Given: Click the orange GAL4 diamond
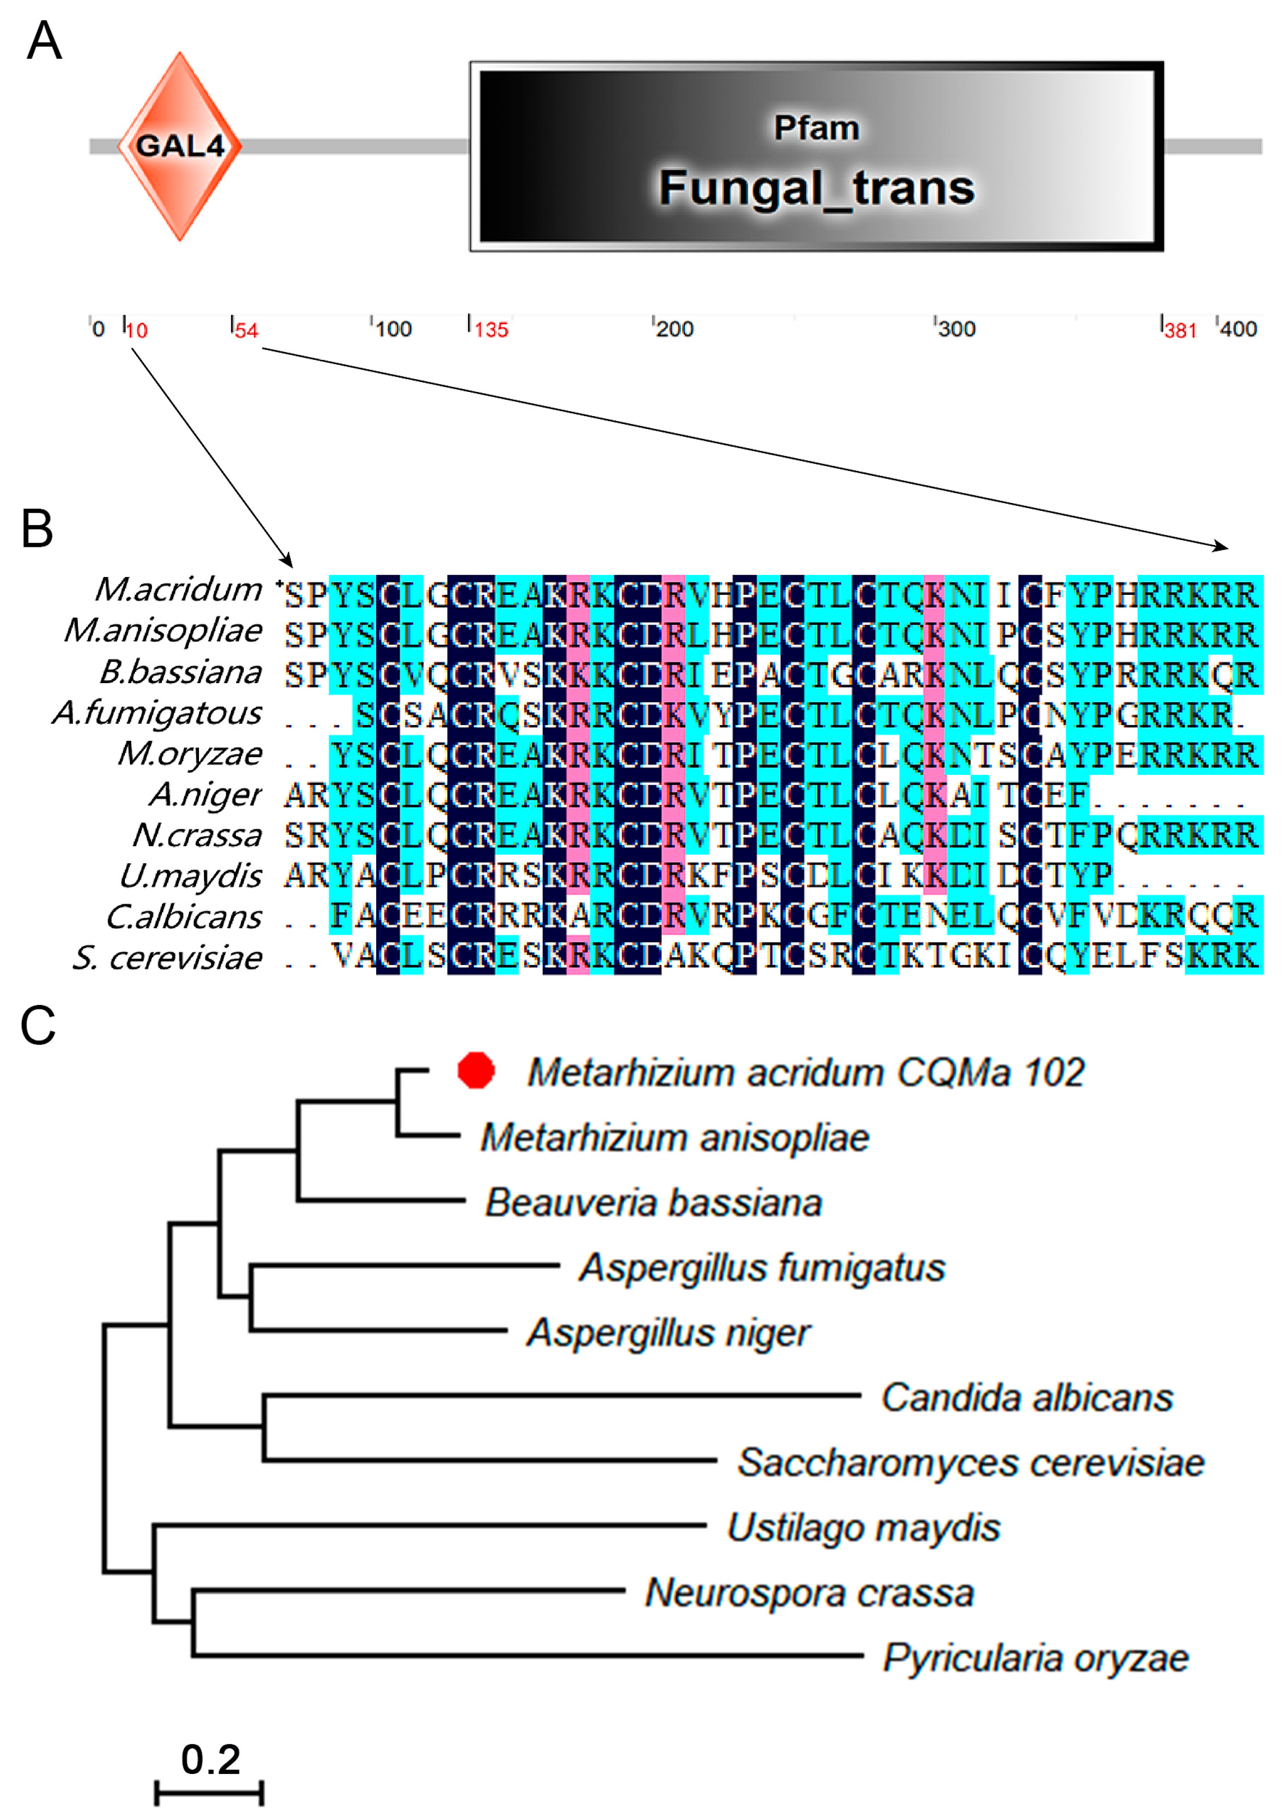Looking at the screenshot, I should [180, 146].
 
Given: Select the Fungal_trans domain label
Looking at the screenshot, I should [816, 188].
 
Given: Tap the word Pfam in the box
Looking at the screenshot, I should [816, 128].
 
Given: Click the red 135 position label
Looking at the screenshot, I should [490, 330].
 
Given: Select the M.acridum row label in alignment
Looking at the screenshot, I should [178, 589].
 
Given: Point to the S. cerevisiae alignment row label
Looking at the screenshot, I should [167, 958].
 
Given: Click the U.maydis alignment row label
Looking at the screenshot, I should [190, 876].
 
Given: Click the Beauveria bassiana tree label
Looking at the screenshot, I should [654, 1203].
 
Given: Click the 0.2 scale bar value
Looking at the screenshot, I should [210, 1759].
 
